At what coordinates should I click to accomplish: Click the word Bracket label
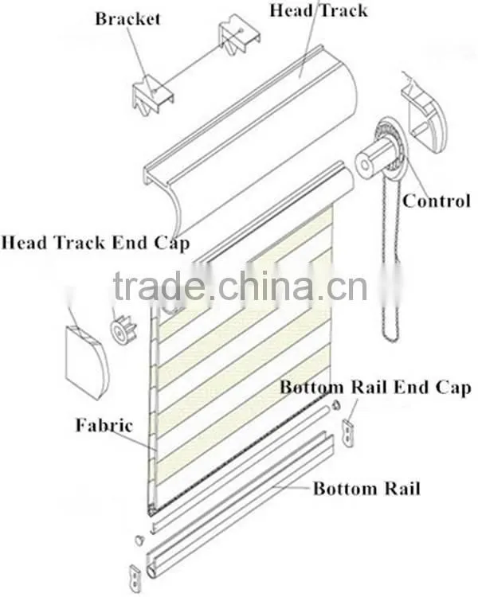(127, 18)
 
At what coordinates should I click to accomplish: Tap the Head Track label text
(319, 10)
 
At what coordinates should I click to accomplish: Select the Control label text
(436, 201)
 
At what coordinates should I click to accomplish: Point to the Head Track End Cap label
(96, 243)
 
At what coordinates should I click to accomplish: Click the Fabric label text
(104, 425)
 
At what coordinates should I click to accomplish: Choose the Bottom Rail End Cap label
(375, 387)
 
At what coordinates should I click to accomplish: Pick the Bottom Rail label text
(366, 488)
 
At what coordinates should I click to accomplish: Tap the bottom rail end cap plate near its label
(348, 432)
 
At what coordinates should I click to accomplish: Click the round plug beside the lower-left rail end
(139, 540)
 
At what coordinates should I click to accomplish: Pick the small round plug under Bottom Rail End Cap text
(336, 405)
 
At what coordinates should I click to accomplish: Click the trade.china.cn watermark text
(240, 287)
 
